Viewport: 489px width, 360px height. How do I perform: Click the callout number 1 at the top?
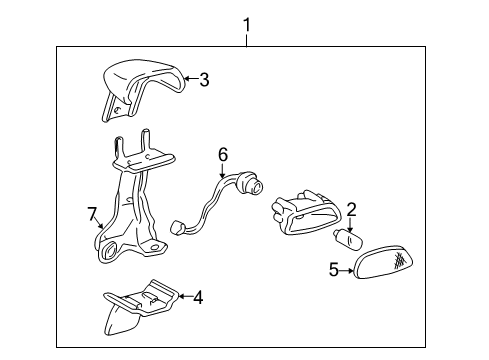tap(246, 21)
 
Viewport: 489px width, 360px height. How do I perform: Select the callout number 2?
tap(351, 209)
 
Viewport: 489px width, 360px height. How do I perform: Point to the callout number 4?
tap(197, 296)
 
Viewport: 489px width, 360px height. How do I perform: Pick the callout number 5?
tap(334, 268)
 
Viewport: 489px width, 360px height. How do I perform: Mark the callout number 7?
tap(91, 213)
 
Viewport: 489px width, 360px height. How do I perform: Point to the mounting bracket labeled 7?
tap(131, 205)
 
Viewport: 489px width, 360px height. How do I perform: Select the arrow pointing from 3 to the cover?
tap(189, 79)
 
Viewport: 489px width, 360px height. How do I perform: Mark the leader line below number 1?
tap(246, 38)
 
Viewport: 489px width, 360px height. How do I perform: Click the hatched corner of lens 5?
tap(400, 261)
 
